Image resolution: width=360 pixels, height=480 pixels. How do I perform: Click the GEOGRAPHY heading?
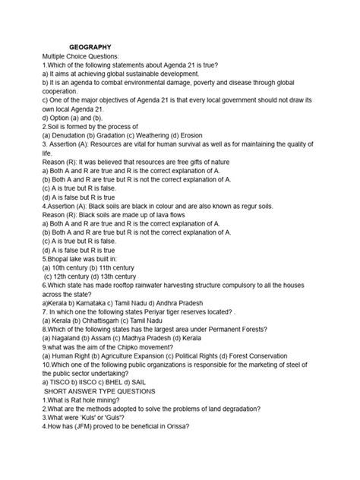90,47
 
